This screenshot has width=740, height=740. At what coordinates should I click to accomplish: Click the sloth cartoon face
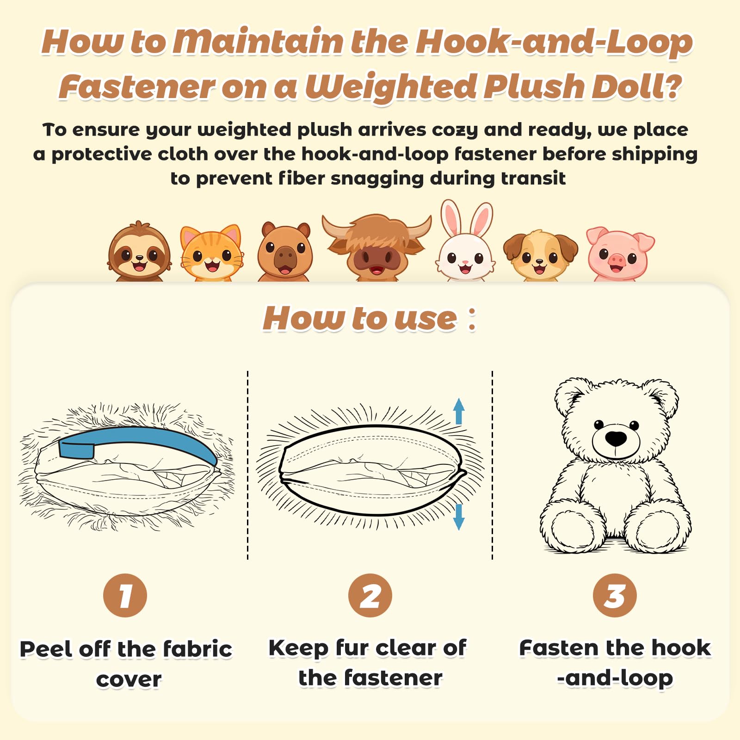tap(139, 252)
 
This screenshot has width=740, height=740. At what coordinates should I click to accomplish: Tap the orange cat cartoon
tap(212, 253)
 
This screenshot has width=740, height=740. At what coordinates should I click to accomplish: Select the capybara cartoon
tap(285, 252)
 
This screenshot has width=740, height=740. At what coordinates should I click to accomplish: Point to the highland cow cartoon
tap(376, 247)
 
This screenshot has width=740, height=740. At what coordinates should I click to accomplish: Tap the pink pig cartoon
tap(620, 254)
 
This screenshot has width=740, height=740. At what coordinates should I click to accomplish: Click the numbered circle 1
tap(125, 595)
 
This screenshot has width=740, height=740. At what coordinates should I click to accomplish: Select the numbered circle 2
tap(370, 595)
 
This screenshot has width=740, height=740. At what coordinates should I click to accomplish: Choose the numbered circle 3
tap(615, 595)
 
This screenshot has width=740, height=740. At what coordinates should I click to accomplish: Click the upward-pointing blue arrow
tap(458, 411)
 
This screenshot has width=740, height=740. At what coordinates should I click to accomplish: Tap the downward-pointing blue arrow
tap(458, 517)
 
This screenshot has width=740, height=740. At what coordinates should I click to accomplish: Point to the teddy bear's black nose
tap(616, 438)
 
